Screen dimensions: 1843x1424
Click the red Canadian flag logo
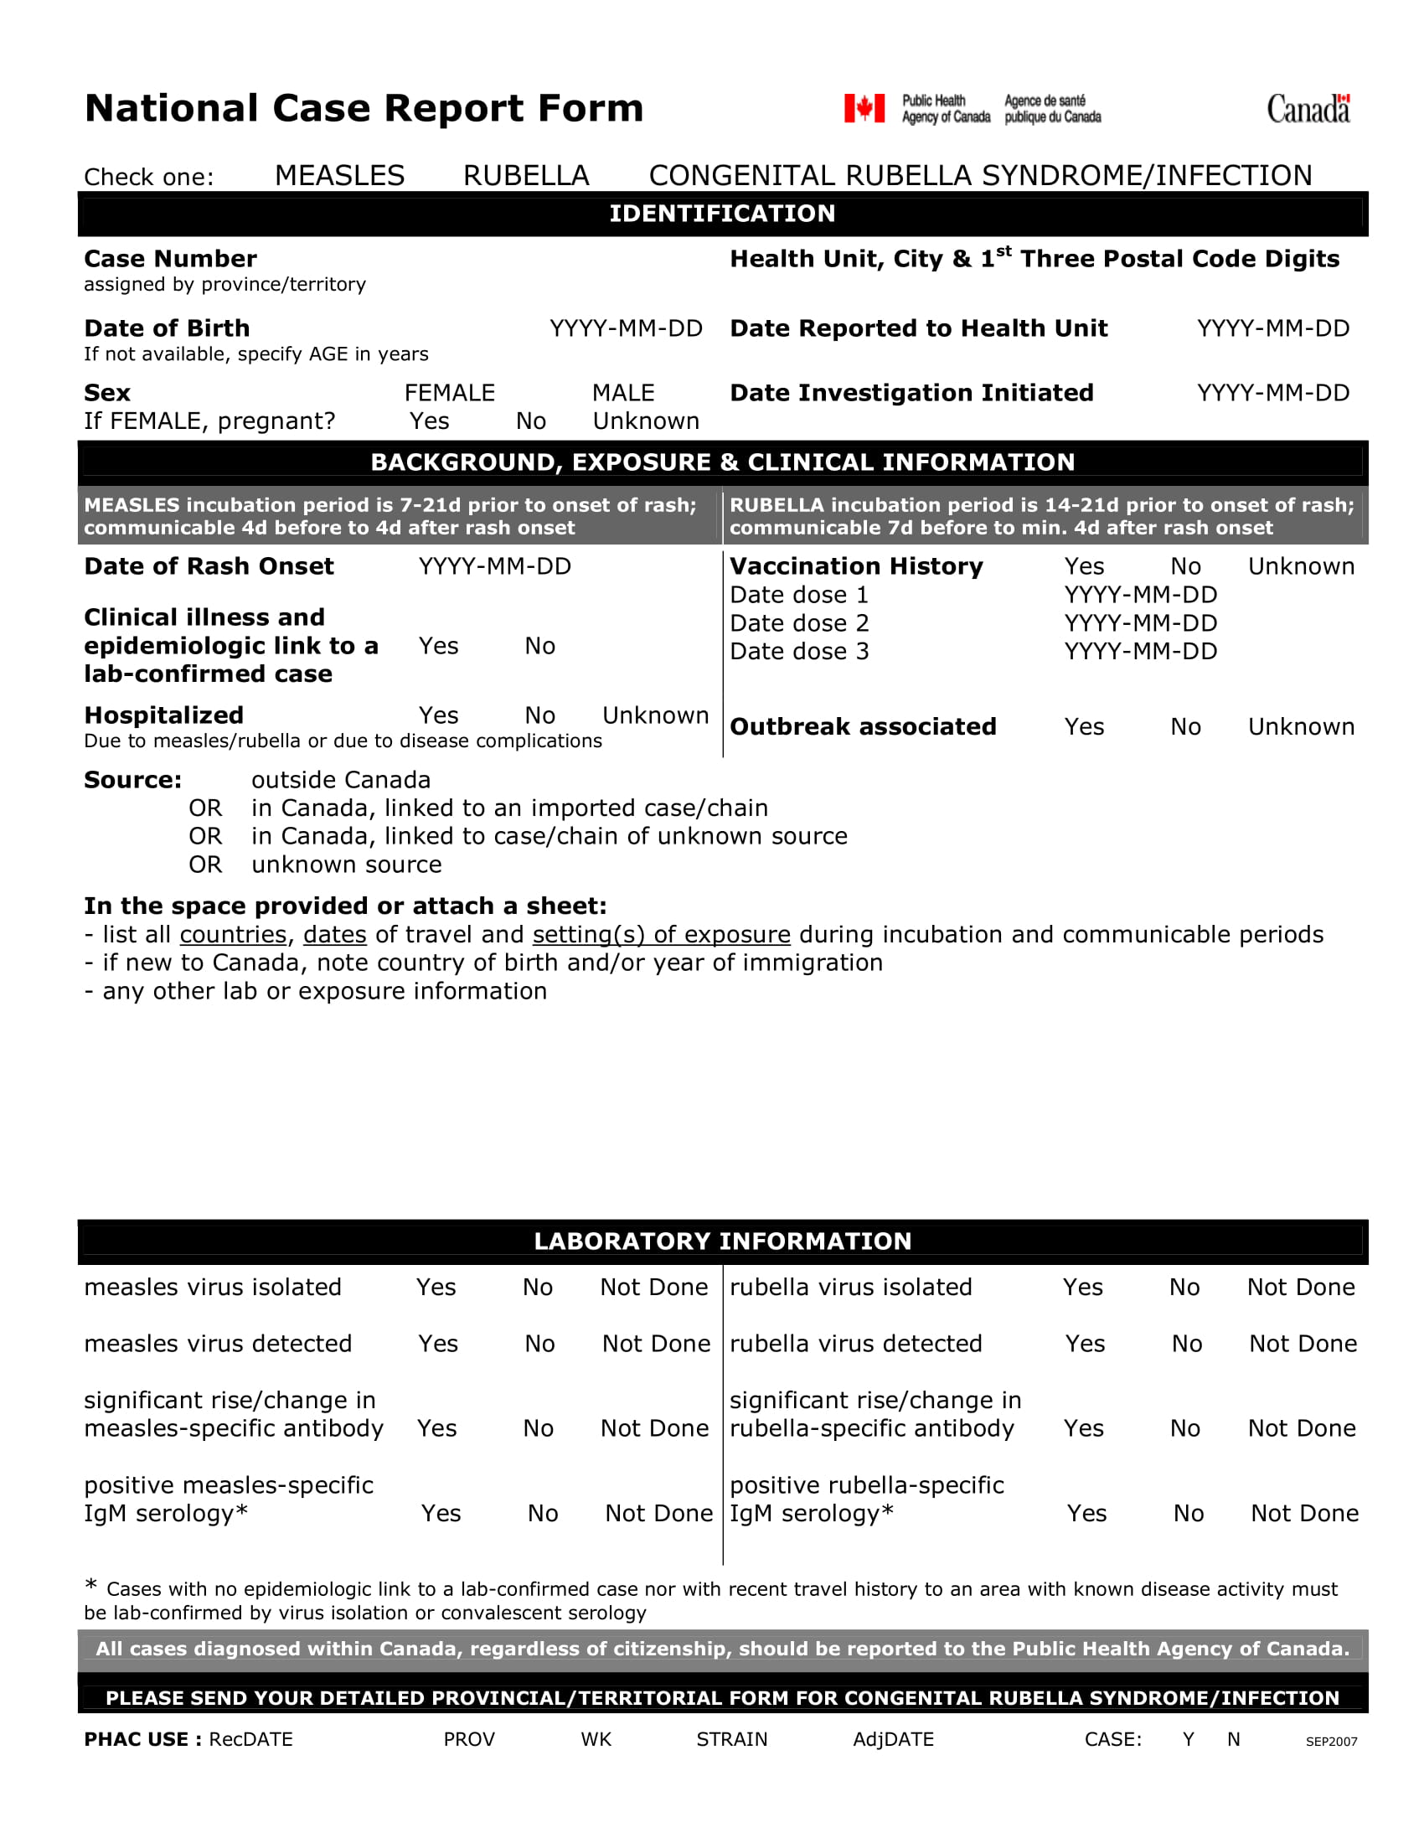click(x=864, y=108)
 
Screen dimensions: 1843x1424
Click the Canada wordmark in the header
click(x=1308, y=109)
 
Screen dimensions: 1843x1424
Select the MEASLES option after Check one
click(x=339, y=176)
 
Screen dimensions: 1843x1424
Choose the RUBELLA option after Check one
click(x=525, y=176)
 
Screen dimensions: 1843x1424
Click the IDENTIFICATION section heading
click(x=722, y=214)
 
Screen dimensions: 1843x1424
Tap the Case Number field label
click(x=170, y=259)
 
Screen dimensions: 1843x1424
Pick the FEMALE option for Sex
click(x=449, y=393)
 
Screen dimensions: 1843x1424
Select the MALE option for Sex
click(x=622, y=393)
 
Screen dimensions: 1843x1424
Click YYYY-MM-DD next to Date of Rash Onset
click(x=494, y=566)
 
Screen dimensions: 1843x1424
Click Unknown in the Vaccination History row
click(x=1301, y=566)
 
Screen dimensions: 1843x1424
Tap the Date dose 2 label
click(x=798, y=623)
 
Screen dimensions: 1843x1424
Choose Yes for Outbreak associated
click(x=1083, y=726)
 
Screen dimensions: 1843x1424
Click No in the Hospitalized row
click(x=539, y=715)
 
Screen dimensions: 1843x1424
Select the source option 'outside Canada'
click(x=341, y=780)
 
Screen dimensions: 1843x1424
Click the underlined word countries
click(x=233, y=935)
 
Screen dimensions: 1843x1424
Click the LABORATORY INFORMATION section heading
click(x=722, y=1242)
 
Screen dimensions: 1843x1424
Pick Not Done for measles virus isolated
click(x=654, y=1288)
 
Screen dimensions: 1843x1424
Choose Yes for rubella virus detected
click(x=1084, y=1345)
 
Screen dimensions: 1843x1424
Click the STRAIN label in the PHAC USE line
click(x=731, y=1739)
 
